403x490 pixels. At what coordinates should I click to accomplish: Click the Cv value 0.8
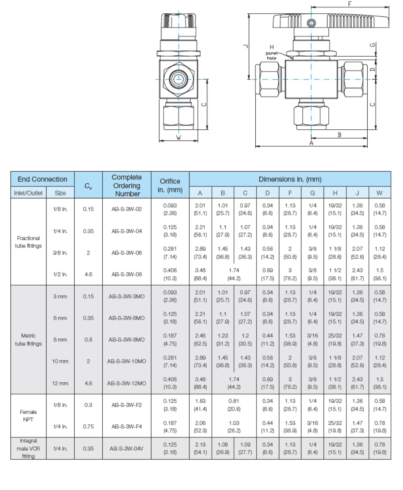pyautogui.click(x=88, y=339)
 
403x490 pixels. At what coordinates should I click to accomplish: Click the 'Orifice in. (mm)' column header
pyautogui.click(x=170, y=185)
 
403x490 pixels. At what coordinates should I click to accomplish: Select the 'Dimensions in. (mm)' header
pyautogui.click(x=290, y=179)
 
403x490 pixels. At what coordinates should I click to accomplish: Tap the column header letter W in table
pyautogui.click(x=379, y=193)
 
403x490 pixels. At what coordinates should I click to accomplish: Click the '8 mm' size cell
pyautogui.click(x=60, y=339)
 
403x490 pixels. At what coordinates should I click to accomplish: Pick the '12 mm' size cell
pyautogui.click(x=60, y=383)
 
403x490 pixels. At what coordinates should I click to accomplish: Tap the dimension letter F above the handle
pyautogui.click(x=350, y=4)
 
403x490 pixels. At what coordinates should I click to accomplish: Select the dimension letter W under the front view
pyautogui.click(x=179, y=137)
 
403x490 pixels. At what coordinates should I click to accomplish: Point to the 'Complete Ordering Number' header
pyautogui.click(x=127, y=185)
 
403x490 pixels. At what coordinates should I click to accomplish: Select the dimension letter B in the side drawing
pyautogui.click(x=340, y=135)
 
